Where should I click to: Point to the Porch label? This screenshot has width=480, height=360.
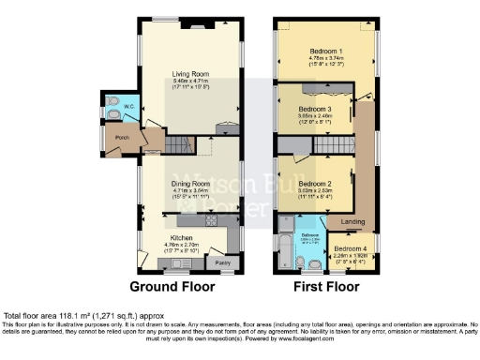point(121,139)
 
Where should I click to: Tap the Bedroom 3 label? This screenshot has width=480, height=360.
point(323,111)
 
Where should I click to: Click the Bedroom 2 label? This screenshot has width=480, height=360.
point(317,184)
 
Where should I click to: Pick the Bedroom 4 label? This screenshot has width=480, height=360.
point(348,247)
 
